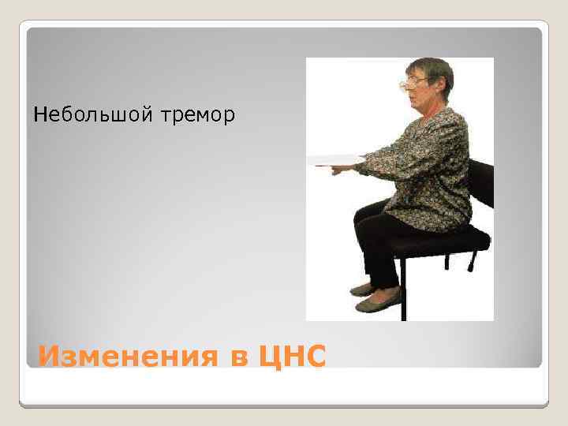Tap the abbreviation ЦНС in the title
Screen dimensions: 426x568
coord(291,357)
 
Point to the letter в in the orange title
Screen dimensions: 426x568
coord(237,359)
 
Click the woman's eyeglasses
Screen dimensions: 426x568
coord(413,81)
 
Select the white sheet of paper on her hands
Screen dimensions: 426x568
coord(331,160)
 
